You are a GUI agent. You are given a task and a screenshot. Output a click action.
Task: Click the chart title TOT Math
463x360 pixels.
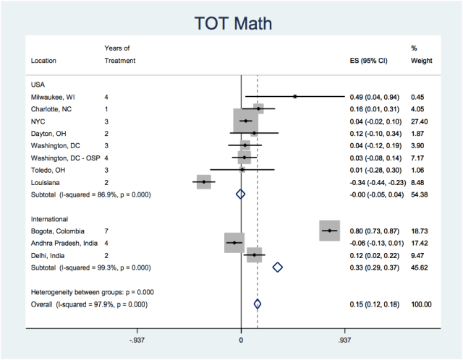click(x=231, y=23)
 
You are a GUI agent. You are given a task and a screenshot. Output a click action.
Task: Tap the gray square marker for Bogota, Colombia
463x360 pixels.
click(x=330, y=231)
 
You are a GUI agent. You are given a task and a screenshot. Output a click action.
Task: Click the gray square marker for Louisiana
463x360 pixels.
click(x=204, y=182)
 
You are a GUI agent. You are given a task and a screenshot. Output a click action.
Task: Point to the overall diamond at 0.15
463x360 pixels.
click(x=258, y=304)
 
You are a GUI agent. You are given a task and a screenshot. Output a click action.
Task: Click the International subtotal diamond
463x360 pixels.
click(x=277, y=267)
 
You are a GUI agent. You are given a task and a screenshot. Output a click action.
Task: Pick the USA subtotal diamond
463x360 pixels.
click(x=241, y=194)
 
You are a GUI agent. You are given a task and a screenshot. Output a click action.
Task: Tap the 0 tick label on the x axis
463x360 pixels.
click(x=241, y=340)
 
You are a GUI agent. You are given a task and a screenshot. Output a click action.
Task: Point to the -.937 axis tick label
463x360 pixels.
click(x=137, y=340)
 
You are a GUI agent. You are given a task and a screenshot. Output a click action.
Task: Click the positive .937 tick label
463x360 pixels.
click(x=344, y=340)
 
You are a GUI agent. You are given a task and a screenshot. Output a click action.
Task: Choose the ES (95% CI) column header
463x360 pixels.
click(x=369, y=61)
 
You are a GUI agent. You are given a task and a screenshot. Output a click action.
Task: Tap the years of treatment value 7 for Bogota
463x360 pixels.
click(x=106, y=231)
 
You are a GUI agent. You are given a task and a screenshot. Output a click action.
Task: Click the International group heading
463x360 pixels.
click(x=49, y=218)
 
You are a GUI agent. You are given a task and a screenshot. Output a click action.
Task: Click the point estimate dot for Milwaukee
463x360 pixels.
click(x=295, y=96)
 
